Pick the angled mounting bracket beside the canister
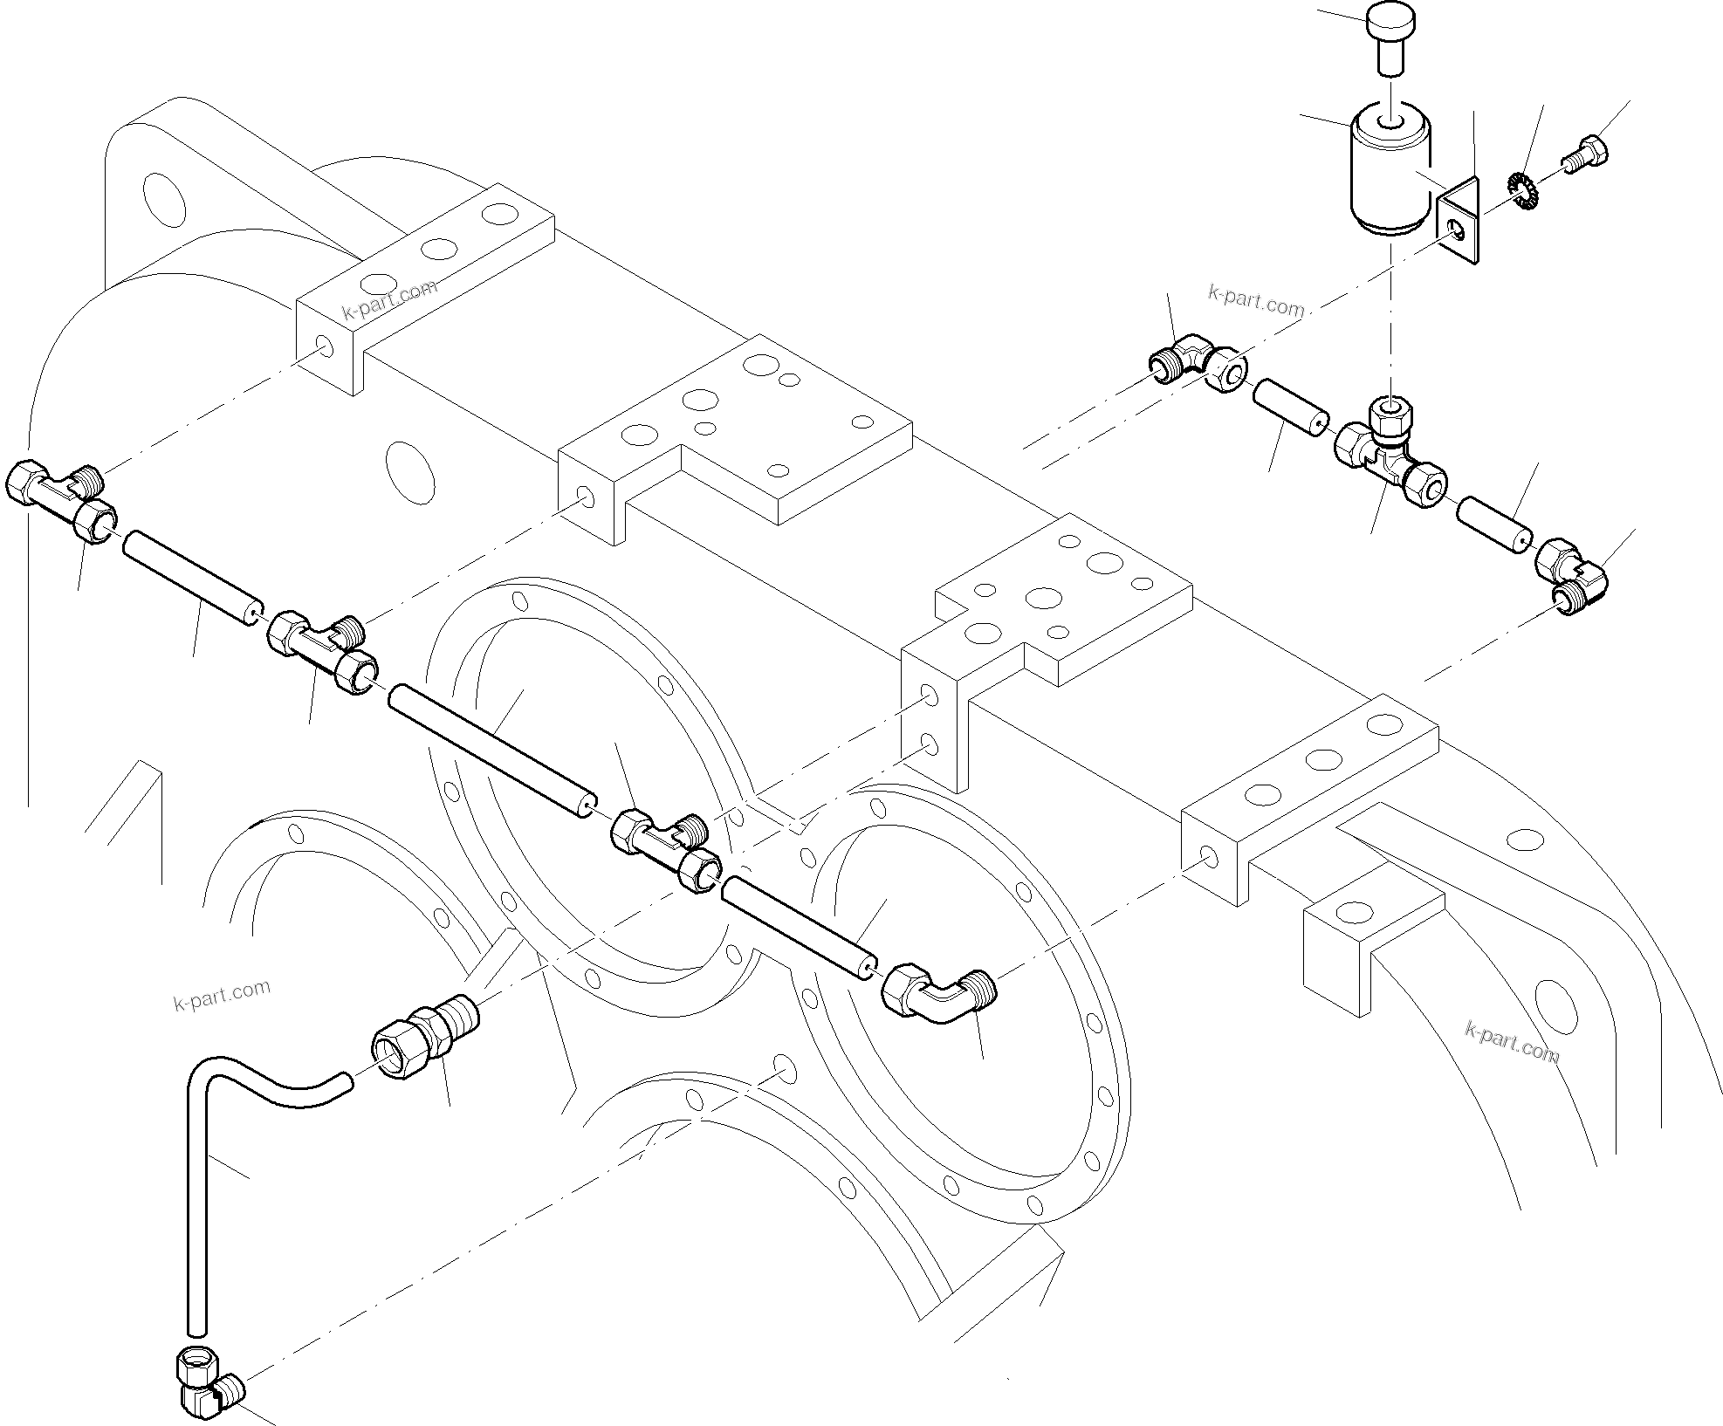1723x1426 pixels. (1459, 223)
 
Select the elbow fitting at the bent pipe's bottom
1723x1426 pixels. (206, 1390)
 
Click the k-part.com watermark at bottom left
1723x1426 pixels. (222, 995)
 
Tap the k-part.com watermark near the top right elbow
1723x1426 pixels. (1256, 302)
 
